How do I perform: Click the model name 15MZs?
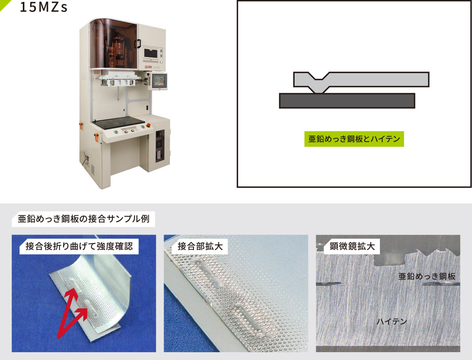(44, 7)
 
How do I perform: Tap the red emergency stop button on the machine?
(148, 125)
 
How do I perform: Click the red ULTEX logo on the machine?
(148, 67)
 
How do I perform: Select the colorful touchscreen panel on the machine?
(159, 81)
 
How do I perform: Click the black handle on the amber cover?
(139, 44)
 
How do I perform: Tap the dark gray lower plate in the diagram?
(347, 101)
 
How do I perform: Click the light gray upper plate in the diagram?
(361, 82)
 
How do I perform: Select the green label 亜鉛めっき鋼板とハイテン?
(354, 139)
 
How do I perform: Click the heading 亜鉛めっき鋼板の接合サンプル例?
(83, 219)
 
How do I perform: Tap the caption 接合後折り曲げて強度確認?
(79, 246)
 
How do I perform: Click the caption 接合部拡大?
(200, 246)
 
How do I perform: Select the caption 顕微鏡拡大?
(352, 246)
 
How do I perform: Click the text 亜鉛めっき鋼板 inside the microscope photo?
(427, 276)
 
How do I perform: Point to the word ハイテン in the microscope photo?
(392, 321)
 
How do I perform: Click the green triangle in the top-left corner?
(4, 4)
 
